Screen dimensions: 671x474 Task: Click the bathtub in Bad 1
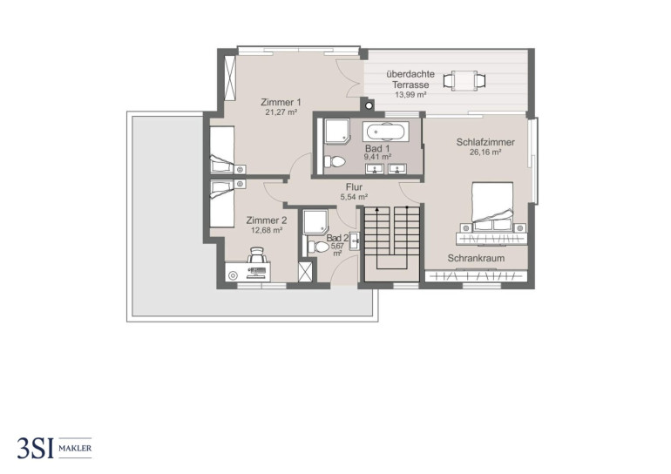pyautogui.click(x=385, y=132)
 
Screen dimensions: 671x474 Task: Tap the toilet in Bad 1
pyautogui.click(x=335, y=162)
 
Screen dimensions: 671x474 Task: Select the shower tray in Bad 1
pyautogui.click(x=337, y=132)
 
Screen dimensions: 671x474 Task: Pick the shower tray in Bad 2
pyautogui.click(x=315, y=222)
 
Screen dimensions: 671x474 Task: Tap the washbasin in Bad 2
pyautogui.click(x=355, y=241)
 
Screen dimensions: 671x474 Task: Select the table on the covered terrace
pyautogui.click(x=464, y=80)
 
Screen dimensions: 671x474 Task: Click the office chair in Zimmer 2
pyautogui.click(x=257, y=255)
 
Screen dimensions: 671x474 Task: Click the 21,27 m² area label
pyautogui.click(x=281, y=112)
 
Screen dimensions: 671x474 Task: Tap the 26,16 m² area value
pyautogui.click(x=485, y=152)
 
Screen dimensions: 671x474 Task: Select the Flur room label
pyautogui.click(x=354, y=187)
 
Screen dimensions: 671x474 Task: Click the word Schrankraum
pyautogui.click(x=476, y=259)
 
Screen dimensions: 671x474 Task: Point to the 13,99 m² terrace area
pyautogui.click(x=410, y=95)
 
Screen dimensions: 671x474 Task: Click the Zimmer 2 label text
pyautogui.click(x=266, y=220)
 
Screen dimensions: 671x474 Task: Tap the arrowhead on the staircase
pyautogui.click(x=377, y=210)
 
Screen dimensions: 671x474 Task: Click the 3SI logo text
pyautogui.click(x=35, y=449)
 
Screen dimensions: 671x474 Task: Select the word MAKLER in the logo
pyautogui.click(x=75, y=449)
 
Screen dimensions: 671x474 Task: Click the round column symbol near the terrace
pyautogui.click(x=369, y=105)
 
